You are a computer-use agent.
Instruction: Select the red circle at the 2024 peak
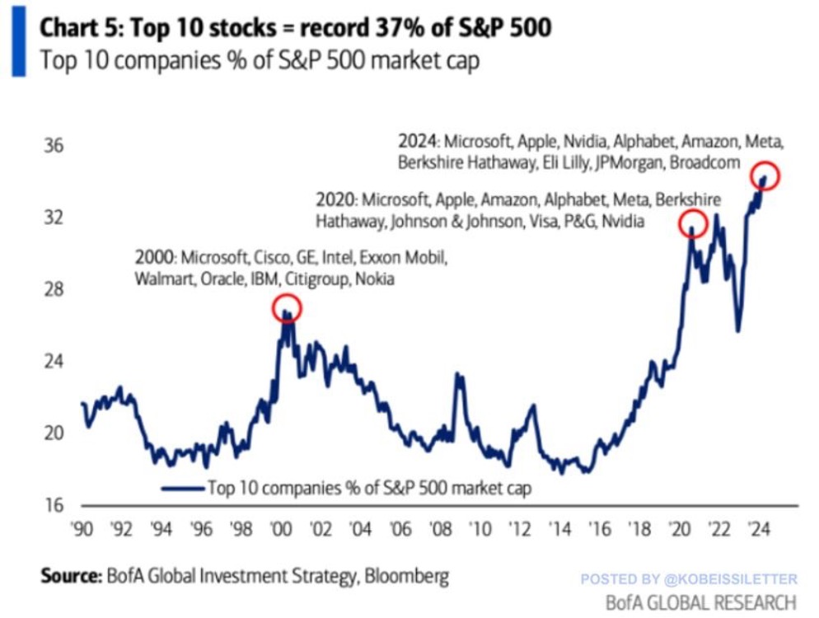[765, 176]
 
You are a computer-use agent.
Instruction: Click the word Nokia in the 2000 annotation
[375, 279]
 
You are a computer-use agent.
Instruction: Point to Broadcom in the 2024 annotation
[705, 162]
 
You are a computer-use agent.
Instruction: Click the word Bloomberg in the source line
[407, 574]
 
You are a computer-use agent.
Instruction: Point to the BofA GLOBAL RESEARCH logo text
[700, 602]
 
